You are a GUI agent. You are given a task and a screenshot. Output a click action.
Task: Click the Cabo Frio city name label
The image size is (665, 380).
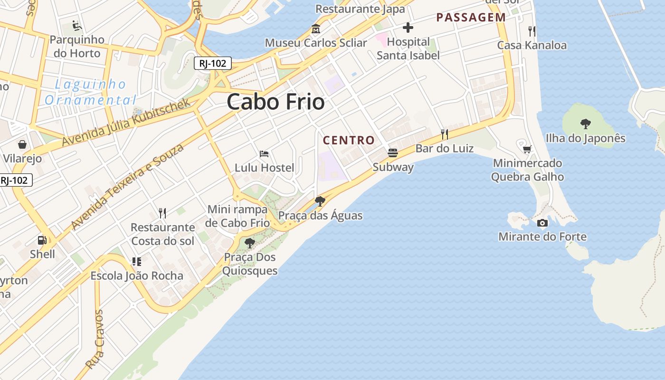(275, 102)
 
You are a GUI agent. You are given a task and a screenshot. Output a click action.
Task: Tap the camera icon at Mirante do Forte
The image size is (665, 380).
(542, 223)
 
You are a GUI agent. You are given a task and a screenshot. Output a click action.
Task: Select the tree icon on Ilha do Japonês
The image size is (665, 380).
(585, 124)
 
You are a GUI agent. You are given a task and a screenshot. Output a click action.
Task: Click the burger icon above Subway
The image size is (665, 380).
(393, 153)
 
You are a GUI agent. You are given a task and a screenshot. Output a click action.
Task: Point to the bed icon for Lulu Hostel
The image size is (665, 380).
(264, 154)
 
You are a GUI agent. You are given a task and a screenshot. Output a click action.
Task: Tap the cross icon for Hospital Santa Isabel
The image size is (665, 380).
(408, 28)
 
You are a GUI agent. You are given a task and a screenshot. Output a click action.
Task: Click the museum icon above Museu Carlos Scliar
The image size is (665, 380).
(315, 29)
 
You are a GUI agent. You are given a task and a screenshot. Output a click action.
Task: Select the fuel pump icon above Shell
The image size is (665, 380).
(42, 240)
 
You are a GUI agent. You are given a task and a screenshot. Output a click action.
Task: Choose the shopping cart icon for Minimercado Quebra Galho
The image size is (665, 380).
(527, 150)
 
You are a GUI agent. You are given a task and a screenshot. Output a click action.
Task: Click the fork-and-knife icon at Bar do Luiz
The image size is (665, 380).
(445, 134)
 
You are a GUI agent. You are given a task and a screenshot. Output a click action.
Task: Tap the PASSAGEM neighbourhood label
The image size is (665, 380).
(471, 18)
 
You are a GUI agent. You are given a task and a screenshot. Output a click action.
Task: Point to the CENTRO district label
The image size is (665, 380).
(349, 141)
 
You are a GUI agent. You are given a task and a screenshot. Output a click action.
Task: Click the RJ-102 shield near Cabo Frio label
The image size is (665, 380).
(212, 63)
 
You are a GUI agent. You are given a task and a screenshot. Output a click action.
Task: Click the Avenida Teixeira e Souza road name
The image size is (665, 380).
(127, 187)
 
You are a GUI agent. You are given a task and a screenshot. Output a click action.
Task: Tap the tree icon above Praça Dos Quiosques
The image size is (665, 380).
(249, 243)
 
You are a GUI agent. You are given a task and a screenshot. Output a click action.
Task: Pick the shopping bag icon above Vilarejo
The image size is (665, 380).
(22, 144)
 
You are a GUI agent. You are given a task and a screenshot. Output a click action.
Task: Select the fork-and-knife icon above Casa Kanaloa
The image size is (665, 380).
(532, 31)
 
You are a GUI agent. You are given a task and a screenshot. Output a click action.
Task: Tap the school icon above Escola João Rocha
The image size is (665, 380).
(137, 261)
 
